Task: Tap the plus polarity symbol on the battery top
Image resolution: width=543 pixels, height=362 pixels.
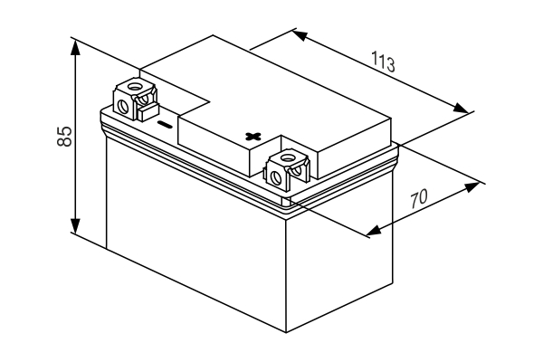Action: [253, 136]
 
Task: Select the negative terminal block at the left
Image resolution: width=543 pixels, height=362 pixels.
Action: [136, 99]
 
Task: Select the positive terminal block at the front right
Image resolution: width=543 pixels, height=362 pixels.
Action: [288, 168]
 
